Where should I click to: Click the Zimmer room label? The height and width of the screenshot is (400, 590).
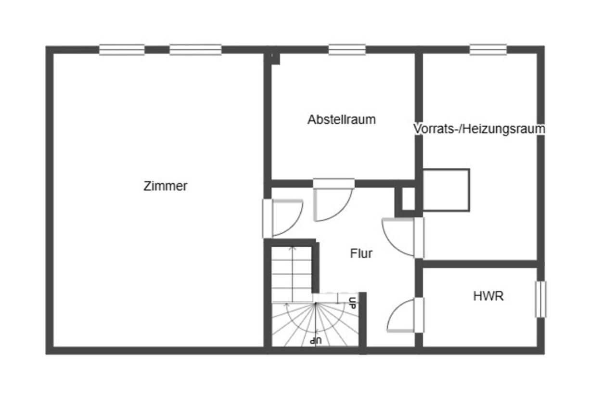pos(165,186)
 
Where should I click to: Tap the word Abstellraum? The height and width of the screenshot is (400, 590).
pos(341,120)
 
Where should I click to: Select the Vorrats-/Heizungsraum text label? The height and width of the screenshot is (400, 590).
pos(479,129)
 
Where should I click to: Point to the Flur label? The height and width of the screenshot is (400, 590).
pos(361,253)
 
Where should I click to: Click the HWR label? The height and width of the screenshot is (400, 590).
pos(488,296)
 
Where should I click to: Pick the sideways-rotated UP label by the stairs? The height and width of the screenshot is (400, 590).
pos(353,303)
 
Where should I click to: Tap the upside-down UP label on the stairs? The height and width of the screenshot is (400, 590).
pos(316,340)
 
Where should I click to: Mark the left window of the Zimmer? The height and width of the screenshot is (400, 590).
pos(122,50)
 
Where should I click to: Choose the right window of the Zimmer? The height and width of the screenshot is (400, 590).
pos(195,50)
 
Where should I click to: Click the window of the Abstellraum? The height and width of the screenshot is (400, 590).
pos(347,50)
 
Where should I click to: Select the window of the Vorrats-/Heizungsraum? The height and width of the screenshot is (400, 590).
pos(488,50)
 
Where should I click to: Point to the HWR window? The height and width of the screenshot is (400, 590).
pos(540,299)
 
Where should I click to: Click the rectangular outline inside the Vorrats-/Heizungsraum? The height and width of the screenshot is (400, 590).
pos(446,190)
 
